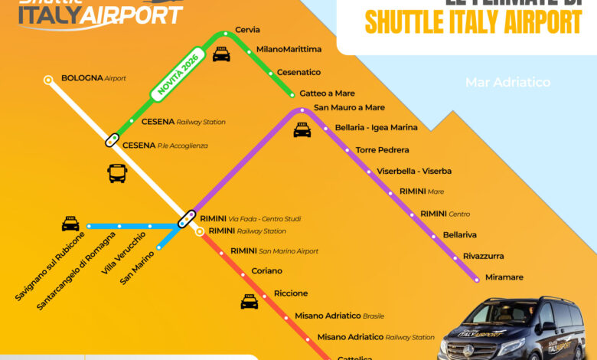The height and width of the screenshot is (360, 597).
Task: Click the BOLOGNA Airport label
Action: coord(93,78)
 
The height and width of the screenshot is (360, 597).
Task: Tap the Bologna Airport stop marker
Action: coord(48,78)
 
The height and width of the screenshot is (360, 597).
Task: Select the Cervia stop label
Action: coord(247,30)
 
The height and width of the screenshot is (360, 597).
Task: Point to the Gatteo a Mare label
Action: coord(327,93)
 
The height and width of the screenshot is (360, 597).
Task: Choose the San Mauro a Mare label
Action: coord(349,108)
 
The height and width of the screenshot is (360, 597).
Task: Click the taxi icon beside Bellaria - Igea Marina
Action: coord(302,130)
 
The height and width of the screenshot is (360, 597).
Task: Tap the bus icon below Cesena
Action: coord(117,173)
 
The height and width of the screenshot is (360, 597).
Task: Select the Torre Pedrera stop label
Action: coord(382,150)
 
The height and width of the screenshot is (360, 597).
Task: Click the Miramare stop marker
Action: coord(478,280)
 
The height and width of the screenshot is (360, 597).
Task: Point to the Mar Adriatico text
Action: coord(507,83)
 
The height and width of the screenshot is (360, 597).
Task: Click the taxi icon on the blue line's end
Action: coord(70,224)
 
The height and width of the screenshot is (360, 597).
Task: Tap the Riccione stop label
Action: coord(291,293)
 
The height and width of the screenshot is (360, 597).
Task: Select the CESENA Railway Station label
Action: coord(183,122)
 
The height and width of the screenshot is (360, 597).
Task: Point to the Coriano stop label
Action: coord(267,271)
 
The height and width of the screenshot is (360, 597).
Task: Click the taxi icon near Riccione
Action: coord(250,302)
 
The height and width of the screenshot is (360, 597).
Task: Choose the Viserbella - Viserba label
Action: coord(414,171)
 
